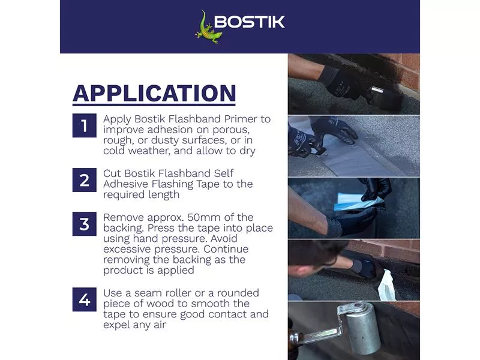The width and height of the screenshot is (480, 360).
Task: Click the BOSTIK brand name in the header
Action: point(250,22)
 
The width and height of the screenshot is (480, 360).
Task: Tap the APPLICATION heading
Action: point(154,94)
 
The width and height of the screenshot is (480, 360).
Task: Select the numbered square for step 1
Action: point(84,125)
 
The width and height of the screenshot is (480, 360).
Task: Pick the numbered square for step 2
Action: point(84,180)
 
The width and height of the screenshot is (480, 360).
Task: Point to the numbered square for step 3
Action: point(84,224)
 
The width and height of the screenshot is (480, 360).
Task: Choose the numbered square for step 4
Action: point(84,299)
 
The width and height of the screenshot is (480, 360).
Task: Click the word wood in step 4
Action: point(161,304)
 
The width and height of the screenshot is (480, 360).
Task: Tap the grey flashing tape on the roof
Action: point(352,155)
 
